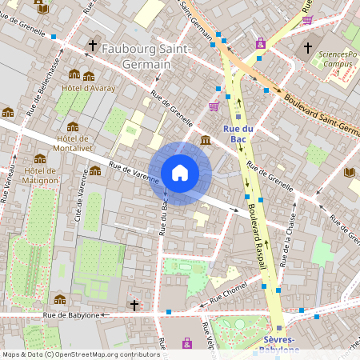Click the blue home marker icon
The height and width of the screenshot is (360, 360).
tap(180, 173)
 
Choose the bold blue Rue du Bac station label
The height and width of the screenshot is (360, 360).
tap(238, 134)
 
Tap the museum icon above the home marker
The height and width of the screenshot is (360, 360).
tap(206, 141)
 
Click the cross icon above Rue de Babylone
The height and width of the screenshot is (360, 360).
tap(134, 305)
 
